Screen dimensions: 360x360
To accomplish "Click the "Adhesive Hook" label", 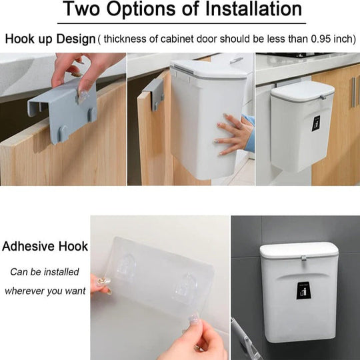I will pos(45,246).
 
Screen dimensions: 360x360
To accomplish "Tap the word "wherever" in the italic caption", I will pos(29,291).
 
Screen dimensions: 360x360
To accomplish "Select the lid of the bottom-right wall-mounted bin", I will pos(298,251).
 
